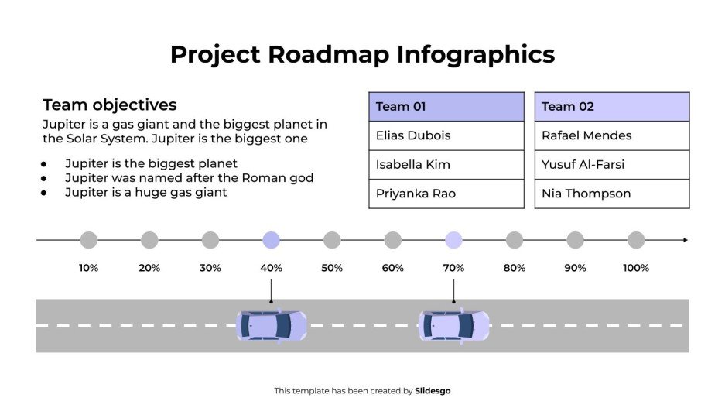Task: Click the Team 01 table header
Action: (x=446, y=107)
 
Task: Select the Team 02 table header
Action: (x=611, y=107)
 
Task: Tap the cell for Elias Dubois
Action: (x=446, y=135)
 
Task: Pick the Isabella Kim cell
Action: (x=446, y=164)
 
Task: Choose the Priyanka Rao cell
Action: (x=446, y=194)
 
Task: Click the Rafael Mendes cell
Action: (x=611, y=135)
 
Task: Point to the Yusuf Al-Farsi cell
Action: (x=611, y=164)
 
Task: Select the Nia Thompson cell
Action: (x=611, y=194)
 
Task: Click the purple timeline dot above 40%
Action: (x=271, y=240)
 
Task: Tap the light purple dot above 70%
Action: (x=453, y=240)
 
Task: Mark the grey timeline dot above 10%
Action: (x=88, y=240)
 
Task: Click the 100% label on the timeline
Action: (x=636, y=268)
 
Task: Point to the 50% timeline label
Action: (x=332, y=268)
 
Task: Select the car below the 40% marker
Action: (x=271, y=326)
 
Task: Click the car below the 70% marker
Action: (x=453, y=326)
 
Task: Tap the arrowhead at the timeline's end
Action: (x=685, y=240)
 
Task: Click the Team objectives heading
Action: (x=110, y=105)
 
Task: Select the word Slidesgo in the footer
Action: (x=433, y=391)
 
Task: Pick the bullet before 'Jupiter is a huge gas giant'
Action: (x=44, y=193)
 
